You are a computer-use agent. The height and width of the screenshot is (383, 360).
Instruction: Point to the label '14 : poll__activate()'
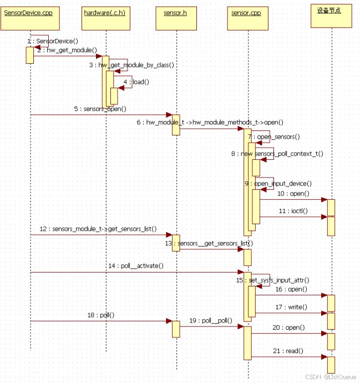coord(135,266)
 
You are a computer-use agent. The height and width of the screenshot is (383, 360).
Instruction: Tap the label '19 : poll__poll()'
coord(210,320)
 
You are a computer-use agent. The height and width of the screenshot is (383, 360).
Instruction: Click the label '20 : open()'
coord(288,327)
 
